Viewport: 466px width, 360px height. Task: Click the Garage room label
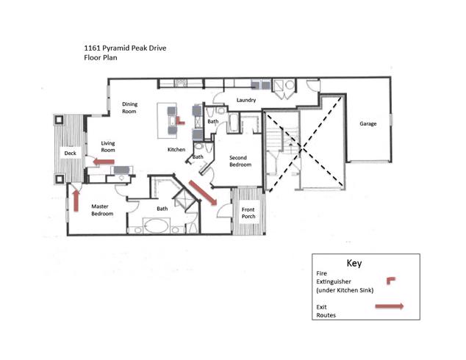368,124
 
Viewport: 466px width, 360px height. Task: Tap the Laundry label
245,100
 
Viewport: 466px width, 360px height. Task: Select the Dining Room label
129,108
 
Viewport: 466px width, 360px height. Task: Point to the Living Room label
109,146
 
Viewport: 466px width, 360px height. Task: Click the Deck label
70,154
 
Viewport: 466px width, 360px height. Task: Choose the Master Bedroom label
102,210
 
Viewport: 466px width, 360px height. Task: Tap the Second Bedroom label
240,162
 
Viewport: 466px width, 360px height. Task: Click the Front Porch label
248,213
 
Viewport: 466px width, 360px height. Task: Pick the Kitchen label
176,150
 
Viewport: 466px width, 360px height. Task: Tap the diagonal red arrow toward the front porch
204,192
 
